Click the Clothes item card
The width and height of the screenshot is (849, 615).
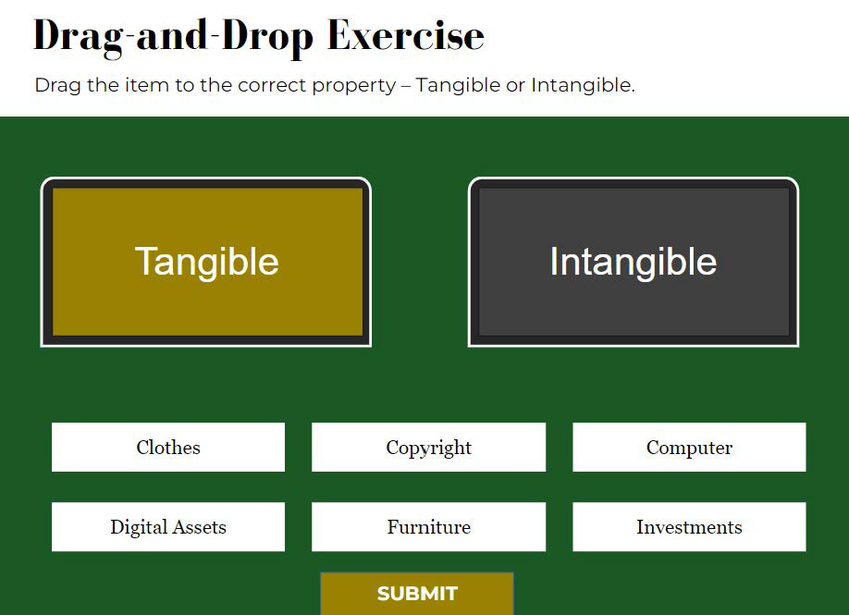tap(167, 448)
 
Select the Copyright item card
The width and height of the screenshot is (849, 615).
tap(428, 448)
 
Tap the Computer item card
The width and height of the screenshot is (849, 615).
tap(689, 448)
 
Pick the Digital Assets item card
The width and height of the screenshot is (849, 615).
tap(167, 527)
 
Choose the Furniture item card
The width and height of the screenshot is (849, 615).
tap(428, 527)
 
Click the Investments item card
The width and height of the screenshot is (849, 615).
tap(689, 527)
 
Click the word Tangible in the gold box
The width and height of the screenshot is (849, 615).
tap(206, 262)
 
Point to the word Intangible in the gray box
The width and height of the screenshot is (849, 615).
tap(633, 262)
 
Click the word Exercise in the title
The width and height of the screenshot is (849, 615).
tap(406, 35)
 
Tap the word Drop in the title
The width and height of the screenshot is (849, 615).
tap(267, 38)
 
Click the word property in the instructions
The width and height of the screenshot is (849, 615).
tap(354, 86)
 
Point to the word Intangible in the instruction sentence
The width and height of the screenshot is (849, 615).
tap(583, 85)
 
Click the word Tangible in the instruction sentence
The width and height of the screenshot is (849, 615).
tap(458, 85)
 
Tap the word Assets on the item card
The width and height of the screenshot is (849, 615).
tap(200, 527)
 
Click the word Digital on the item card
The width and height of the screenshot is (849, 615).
tap(139, 527)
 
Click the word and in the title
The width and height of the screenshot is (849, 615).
tap(172, 35)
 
